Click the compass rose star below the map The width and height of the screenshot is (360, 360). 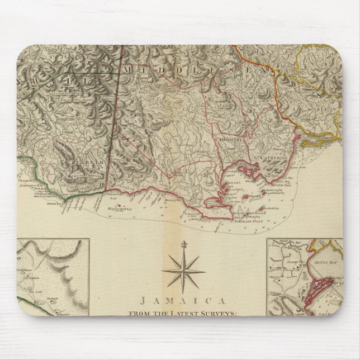point(183,270)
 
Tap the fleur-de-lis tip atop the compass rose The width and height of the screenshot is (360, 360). point(183,244)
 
